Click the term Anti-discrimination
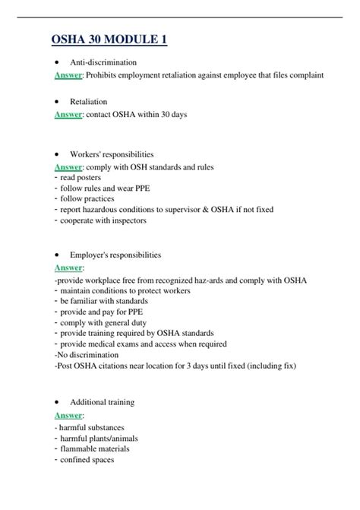[103, 62]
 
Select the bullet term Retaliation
[88, 101]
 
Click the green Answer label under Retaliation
[69, 115]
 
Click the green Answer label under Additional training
[69, 415]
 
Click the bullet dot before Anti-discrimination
[58, 62]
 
